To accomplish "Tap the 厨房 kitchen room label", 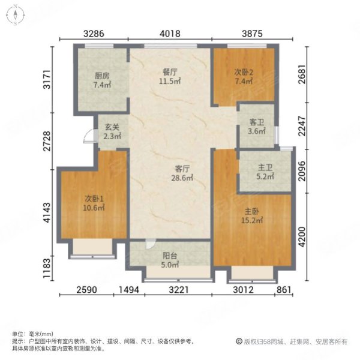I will click(x=101, y=76).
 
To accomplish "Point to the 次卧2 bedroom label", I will click(x=244, y=73).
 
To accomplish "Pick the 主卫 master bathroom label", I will click(x=265, y=167).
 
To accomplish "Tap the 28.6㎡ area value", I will click(x=183, y=178).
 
